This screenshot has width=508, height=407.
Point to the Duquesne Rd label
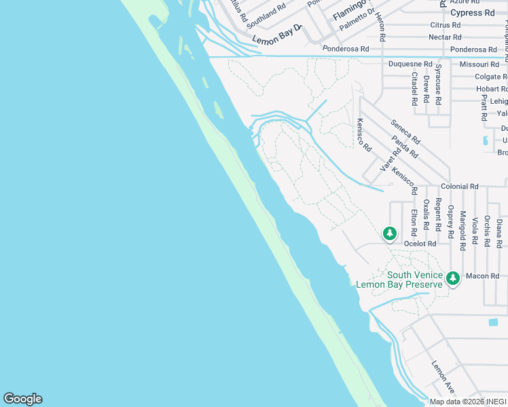coord(410,64)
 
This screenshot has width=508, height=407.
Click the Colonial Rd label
coord(459,186)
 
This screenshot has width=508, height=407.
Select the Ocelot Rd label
coord(420,243)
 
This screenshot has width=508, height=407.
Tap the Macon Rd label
coord(485,276)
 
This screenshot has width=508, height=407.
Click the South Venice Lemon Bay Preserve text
coord(399,279)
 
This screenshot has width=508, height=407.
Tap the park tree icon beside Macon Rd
coord(453,277)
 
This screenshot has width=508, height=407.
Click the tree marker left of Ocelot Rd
coord(389,234)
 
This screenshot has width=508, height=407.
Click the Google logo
coord(22,399)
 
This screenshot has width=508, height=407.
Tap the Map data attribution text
coord(468,402)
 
